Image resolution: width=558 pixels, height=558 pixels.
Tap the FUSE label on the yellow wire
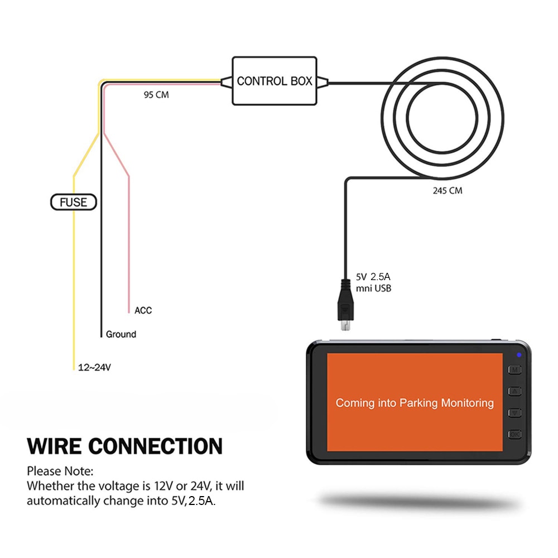coord(74,201)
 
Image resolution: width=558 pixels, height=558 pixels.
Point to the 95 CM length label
coord(156,95)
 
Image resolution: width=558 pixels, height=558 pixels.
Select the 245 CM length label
coord(448,190)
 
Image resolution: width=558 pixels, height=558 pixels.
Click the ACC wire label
coord(143,310)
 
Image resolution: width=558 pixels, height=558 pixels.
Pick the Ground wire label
coord(121,334)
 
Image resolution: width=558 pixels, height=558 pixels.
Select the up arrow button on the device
coord(514,391)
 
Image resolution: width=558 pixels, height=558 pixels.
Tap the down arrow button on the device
coord(514,413)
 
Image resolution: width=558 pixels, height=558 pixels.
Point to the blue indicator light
coord(519,355)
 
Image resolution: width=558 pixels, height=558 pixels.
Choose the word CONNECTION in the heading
coord(156,446)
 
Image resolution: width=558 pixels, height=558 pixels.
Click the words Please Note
coord(60,472)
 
